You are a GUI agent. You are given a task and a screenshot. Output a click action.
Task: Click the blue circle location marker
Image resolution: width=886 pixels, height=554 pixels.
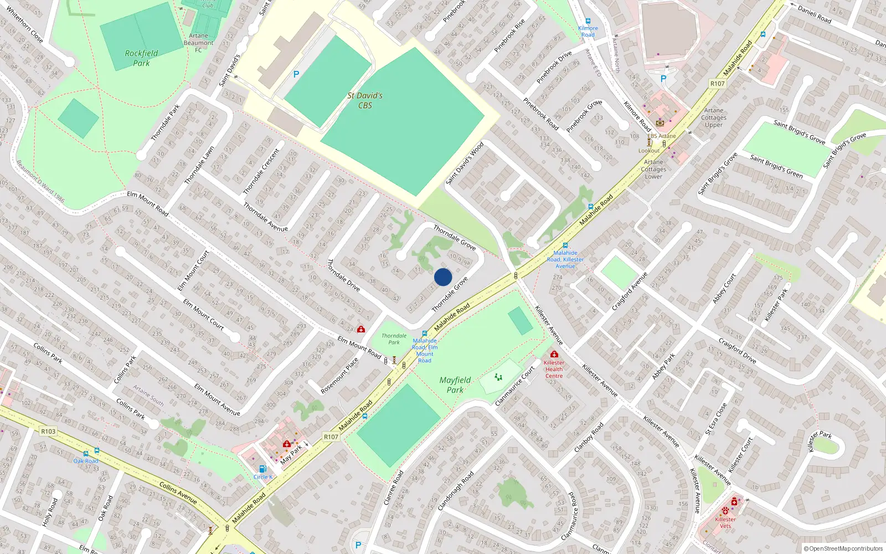(443, 277)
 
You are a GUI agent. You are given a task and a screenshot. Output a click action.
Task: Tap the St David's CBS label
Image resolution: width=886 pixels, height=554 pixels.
(365, 100)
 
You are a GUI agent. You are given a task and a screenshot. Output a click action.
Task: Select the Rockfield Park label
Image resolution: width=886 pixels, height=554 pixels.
(141, 58)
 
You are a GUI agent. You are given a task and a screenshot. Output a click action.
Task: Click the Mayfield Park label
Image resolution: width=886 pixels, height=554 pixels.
(455, 385)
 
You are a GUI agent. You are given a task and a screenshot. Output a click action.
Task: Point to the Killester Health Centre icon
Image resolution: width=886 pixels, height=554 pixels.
(554, 354)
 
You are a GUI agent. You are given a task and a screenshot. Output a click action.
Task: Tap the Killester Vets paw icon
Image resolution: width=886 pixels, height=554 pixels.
(725, 510)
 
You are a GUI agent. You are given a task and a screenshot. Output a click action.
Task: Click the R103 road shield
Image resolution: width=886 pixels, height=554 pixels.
(48, 432)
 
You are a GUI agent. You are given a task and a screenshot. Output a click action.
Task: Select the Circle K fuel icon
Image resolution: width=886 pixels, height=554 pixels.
(262, 469)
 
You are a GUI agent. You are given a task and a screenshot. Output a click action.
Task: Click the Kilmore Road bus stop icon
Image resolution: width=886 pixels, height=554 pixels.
(588, 21)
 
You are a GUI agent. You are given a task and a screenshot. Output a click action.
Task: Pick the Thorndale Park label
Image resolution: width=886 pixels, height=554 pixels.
(394, 339)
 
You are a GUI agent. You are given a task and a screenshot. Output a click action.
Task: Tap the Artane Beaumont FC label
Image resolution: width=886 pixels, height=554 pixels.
(198, 43)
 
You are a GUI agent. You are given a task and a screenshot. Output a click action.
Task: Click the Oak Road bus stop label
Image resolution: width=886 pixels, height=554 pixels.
(86, 461)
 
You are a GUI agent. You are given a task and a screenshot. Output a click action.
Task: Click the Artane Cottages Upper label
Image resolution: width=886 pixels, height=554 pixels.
(714, 117)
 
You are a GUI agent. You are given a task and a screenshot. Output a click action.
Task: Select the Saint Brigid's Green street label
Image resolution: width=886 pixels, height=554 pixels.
(776, 166)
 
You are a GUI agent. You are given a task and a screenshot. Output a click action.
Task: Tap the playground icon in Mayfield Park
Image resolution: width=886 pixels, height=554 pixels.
(498, 377)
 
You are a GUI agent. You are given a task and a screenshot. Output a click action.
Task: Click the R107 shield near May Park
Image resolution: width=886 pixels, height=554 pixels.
(331, 437)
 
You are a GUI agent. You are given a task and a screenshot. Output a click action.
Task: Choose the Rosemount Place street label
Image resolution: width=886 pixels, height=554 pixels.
(339, 376)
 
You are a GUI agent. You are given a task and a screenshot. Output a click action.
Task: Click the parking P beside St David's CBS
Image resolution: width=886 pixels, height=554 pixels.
(296, 74)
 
